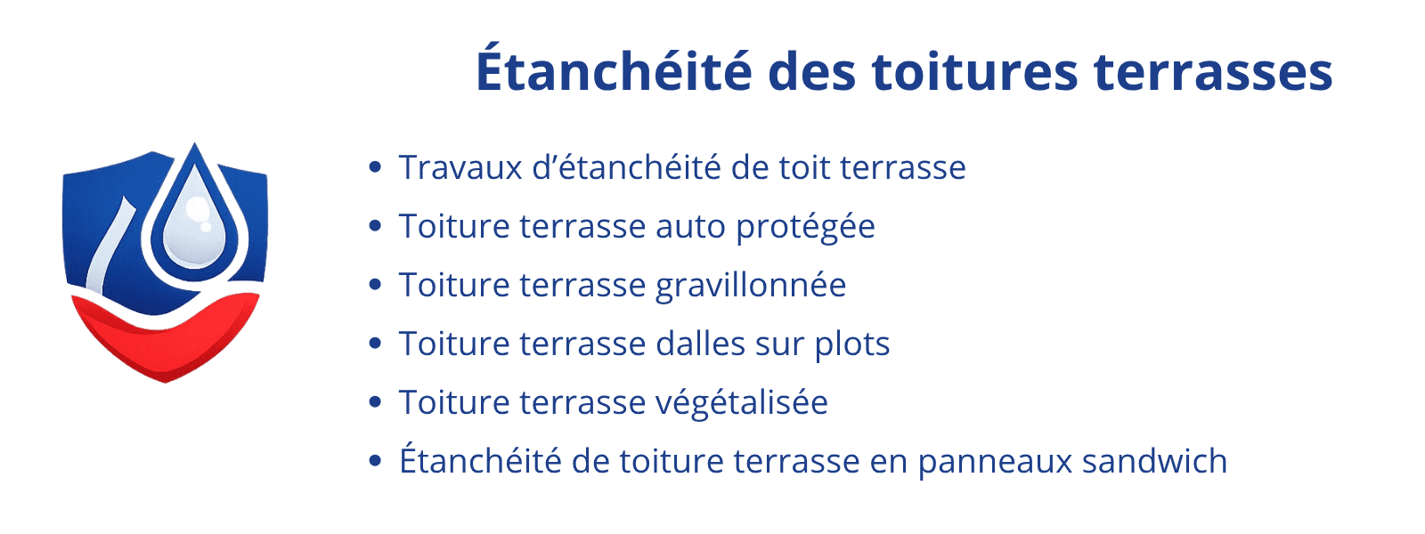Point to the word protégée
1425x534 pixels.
coord(805,227)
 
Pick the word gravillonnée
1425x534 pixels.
coord(751,286)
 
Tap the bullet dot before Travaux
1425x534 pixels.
coord(375,167)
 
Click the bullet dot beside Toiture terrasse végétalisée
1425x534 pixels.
coord(375,402)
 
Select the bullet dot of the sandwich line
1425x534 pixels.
coord(375,461)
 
